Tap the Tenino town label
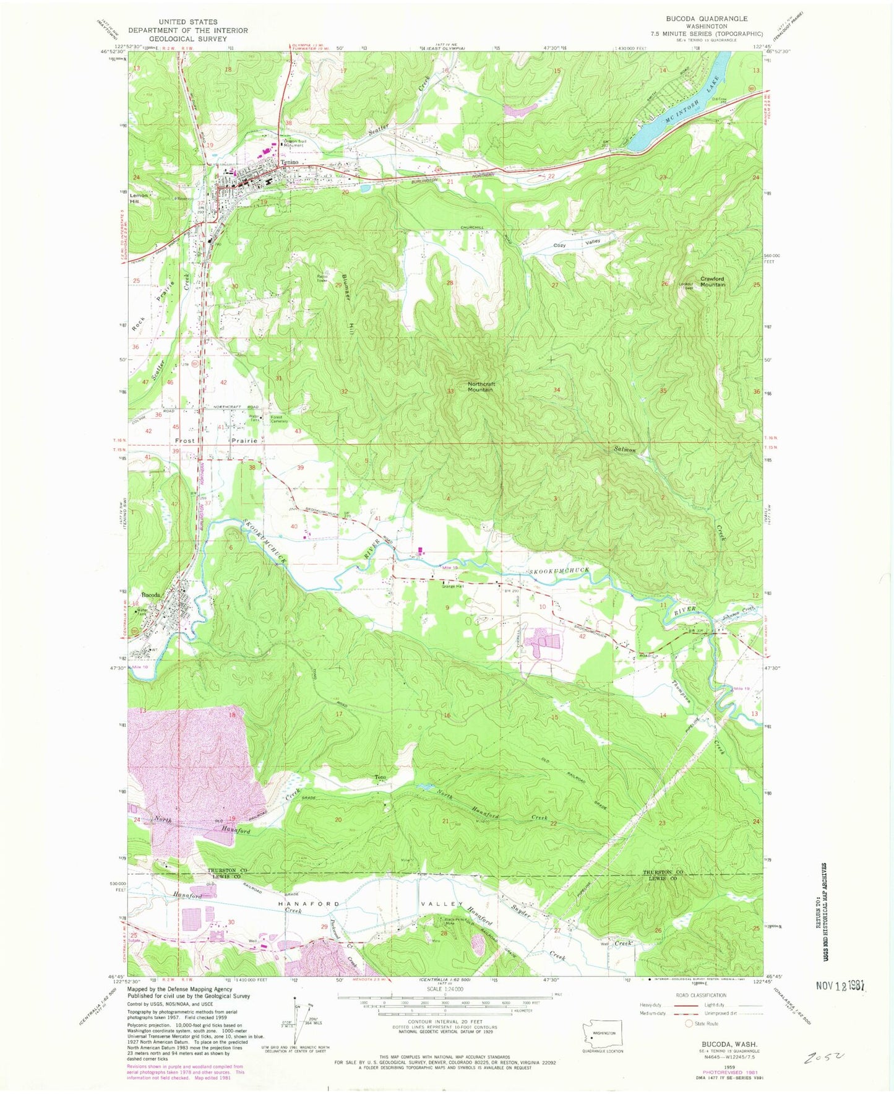[289, 162]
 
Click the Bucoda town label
[152, 596]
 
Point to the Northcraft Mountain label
[481, 387]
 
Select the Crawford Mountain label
[712, 281]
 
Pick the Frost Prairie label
[216, 441]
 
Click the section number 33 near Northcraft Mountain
[451, 391]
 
